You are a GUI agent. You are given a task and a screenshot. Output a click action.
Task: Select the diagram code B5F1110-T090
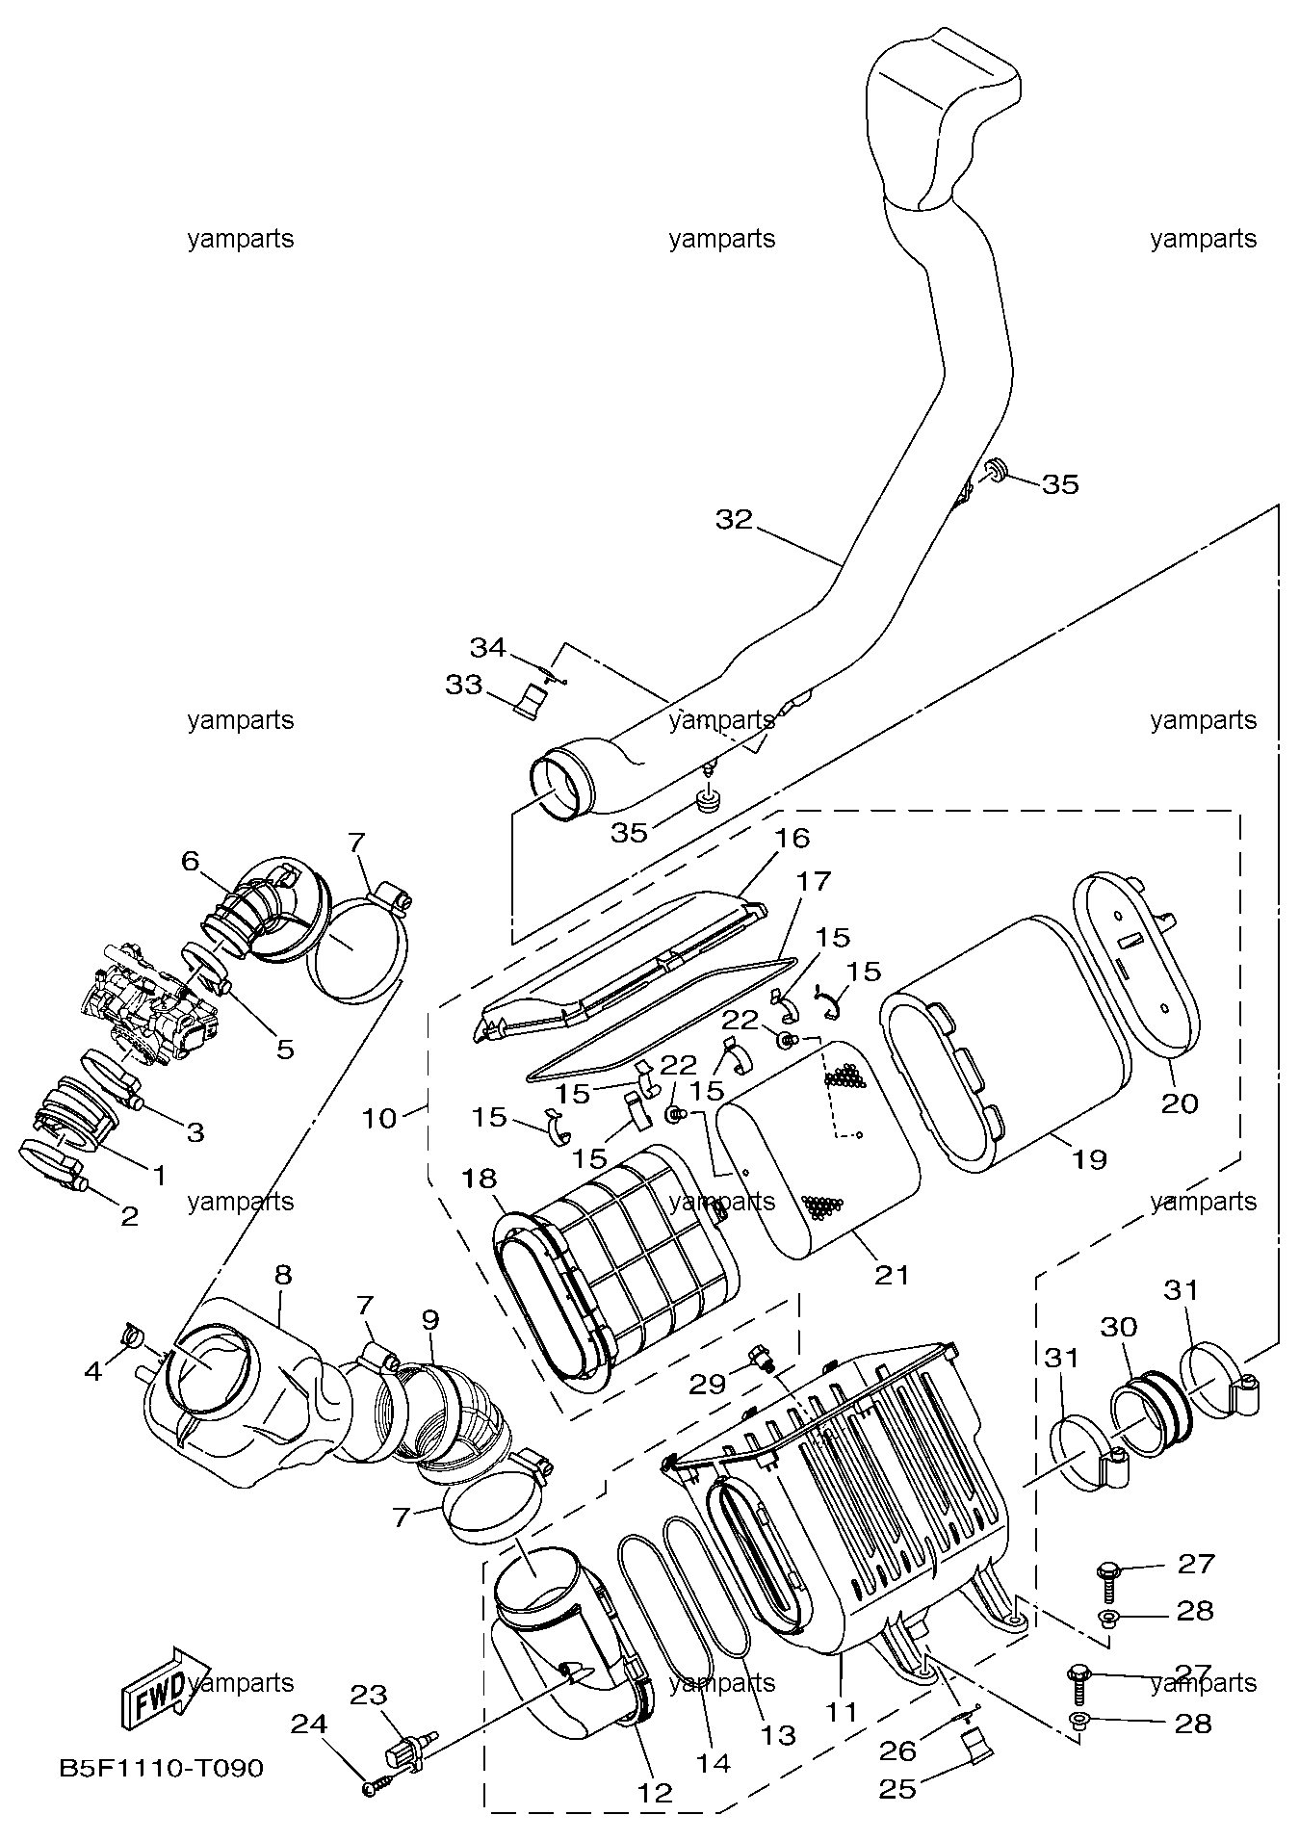point(161,1768)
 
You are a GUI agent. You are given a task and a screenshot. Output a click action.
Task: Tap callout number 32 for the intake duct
point(735,519)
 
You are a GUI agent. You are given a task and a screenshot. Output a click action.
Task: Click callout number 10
point(379,1118)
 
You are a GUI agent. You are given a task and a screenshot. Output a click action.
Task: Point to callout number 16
point(792,837)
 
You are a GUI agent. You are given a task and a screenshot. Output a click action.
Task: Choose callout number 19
point(1089,1158)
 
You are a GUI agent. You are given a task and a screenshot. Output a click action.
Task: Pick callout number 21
point(892,1274)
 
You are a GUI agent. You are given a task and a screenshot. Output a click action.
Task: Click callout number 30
point(1119,1326)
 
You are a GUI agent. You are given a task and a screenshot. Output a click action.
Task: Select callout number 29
point(709,1384)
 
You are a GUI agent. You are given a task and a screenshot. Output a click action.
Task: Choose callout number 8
point(282,1274)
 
